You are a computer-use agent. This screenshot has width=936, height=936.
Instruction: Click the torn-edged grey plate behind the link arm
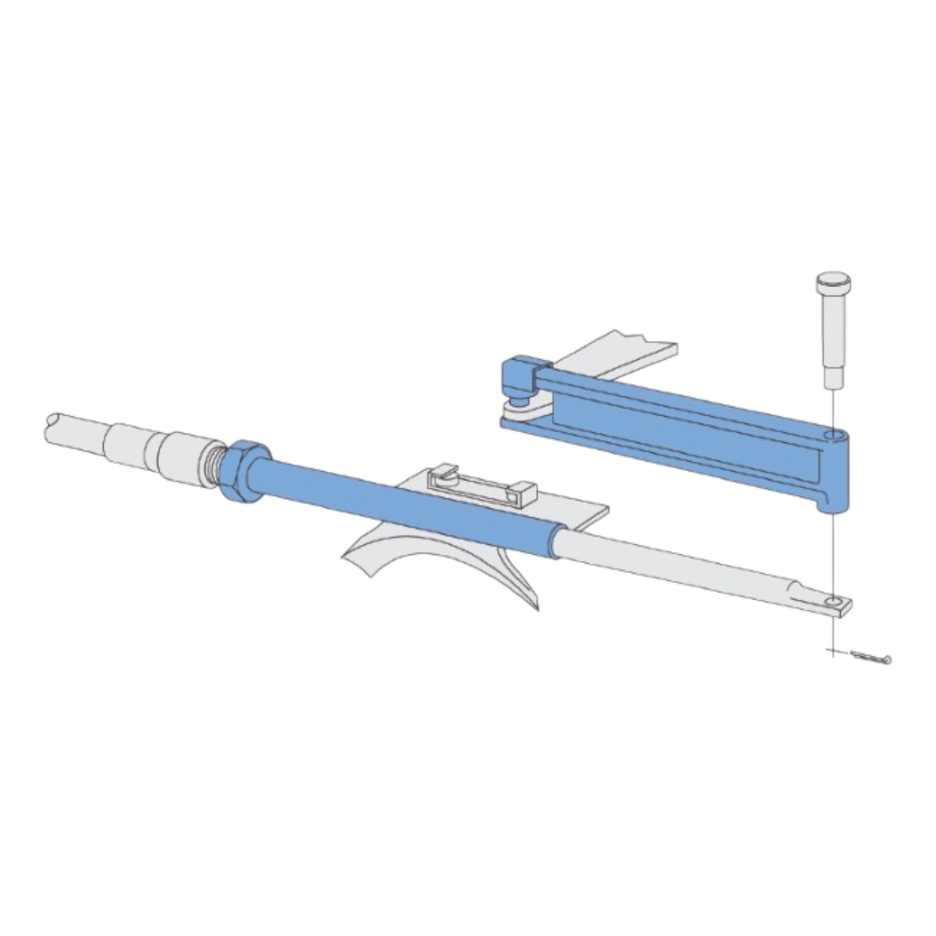click(622, 353)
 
